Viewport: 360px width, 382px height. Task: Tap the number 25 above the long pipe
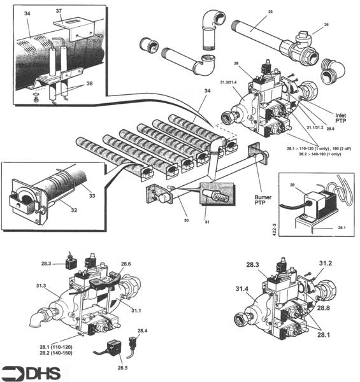[x=270, y=12]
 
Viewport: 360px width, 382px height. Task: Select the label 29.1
[x=341, y=227]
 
